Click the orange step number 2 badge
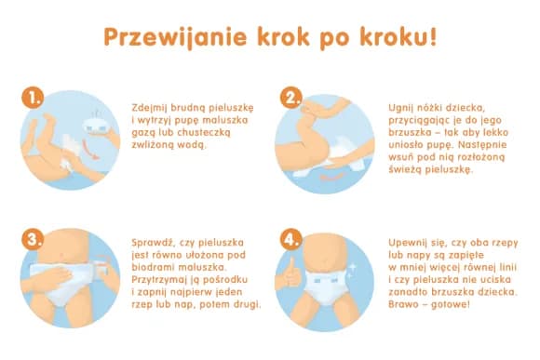point(293,99)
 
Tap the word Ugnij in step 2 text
point(402,108)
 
